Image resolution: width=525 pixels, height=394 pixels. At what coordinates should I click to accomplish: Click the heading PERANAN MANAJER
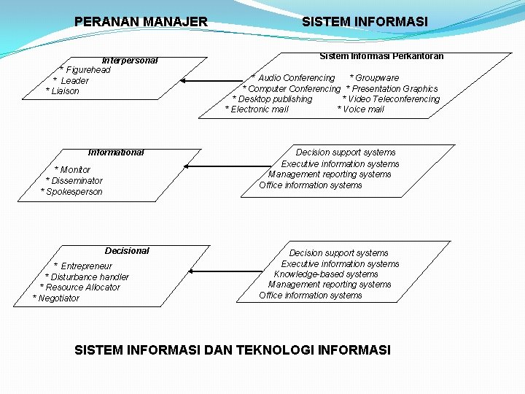[141, 22]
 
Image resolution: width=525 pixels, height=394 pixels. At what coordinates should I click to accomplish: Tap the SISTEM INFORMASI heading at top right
[365, 22]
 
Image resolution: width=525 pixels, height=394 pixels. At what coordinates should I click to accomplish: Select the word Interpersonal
[130, 61]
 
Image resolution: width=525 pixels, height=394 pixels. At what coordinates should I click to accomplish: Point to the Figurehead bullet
[86, 70]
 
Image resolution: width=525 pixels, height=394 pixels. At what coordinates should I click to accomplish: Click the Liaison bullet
[63, 91]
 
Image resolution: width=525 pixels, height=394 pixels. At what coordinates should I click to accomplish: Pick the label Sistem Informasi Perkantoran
[381, 56]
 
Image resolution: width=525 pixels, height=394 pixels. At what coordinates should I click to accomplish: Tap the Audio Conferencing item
[293, 78]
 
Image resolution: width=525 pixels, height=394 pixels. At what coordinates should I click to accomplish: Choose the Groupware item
[375, 78]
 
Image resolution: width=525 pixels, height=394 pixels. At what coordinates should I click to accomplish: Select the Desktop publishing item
[272, 99]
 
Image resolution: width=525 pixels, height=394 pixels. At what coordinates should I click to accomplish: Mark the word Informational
[116, 152]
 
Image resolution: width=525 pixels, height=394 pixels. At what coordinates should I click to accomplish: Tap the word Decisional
[127, 251]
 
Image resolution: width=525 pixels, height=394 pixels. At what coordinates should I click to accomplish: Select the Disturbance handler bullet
[87, 277]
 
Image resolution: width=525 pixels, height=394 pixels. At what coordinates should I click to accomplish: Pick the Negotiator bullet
[56, 298]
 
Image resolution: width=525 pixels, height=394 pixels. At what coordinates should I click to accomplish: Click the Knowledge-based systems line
[326, 274]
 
